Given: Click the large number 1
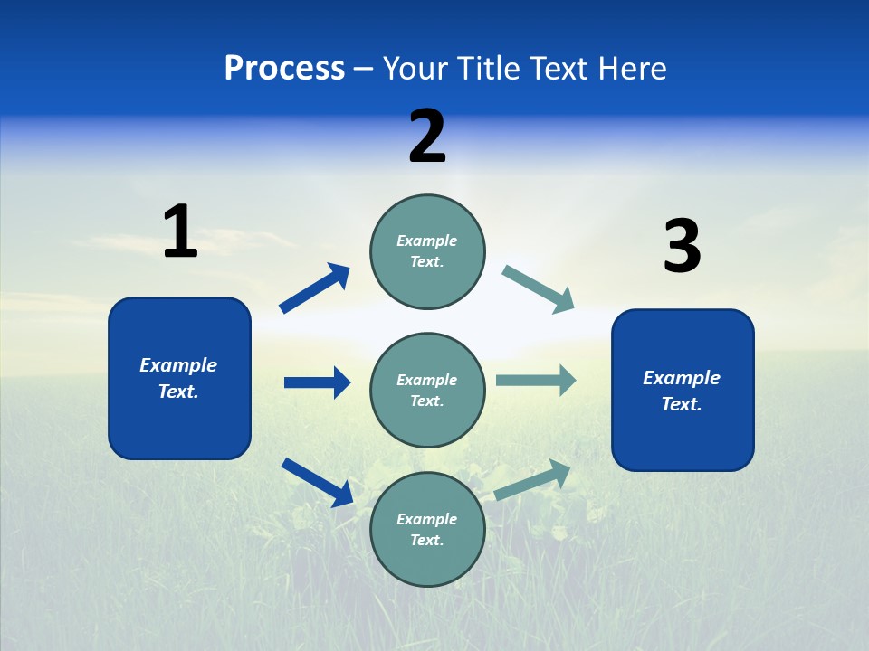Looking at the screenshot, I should pos(180,231).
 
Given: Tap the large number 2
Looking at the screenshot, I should pos(427,137).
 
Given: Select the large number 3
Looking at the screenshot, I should pos(682,246).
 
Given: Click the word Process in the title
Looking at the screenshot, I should pos(284,68).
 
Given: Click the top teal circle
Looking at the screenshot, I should pos(427,251).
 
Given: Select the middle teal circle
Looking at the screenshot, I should pos(427,391).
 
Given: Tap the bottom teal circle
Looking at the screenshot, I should pos(427,530).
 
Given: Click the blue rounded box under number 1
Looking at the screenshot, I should pos(179,378).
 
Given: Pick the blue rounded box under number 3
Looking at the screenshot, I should pos(683,390).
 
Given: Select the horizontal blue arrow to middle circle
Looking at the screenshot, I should pos(318,382).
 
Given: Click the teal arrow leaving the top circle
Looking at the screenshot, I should pos(539,288).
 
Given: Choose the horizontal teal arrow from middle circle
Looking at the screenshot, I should pos(536,380).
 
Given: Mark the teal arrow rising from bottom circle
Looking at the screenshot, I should pos(533,479).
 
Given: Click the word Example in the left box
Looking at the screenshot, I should pos(178,365).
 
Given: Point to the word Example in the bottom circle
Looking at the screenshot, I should pos(426,519).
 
